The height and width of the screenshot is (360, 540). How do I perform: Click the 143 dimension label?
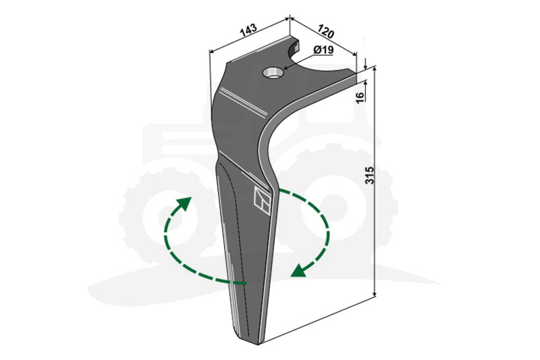pyautogui.click(x=248, y=30)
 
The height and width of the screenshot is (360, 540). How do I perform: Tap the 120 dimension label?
pyautogui.click(x=325, y=31)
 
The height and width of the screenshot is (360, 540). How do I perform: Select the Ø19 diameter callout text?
pyautogui.click(x=323, y=50)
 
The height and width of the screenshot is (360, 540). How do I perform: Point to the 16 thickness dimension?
pyautogui.click(x=360, y=97)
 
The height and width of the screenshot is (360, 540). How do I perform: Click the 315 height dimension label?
pyautogui.click(x=369, y=176)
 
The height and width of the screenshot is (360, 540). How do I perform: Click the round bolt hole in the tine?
pyautogui.click(x=273, y=73)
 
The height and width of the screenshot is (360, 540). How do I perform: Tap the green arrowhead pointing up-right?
pyautogui.click(x=184, y=203)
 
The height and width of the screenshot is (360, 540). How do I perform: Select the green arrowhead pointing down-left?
pyautogui.click(x=299, y=270)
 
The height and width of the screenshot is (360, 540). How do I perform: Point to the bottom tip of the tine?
pyautogui.click(x=259, y=343)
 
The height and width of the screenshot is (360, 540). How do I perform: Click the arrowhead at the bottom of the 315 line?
pyautogui.click(x=375, y=293)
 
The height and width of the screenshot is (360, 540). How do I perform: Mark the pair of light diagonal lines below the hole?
pyautogui.click(x=243, y=101)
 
